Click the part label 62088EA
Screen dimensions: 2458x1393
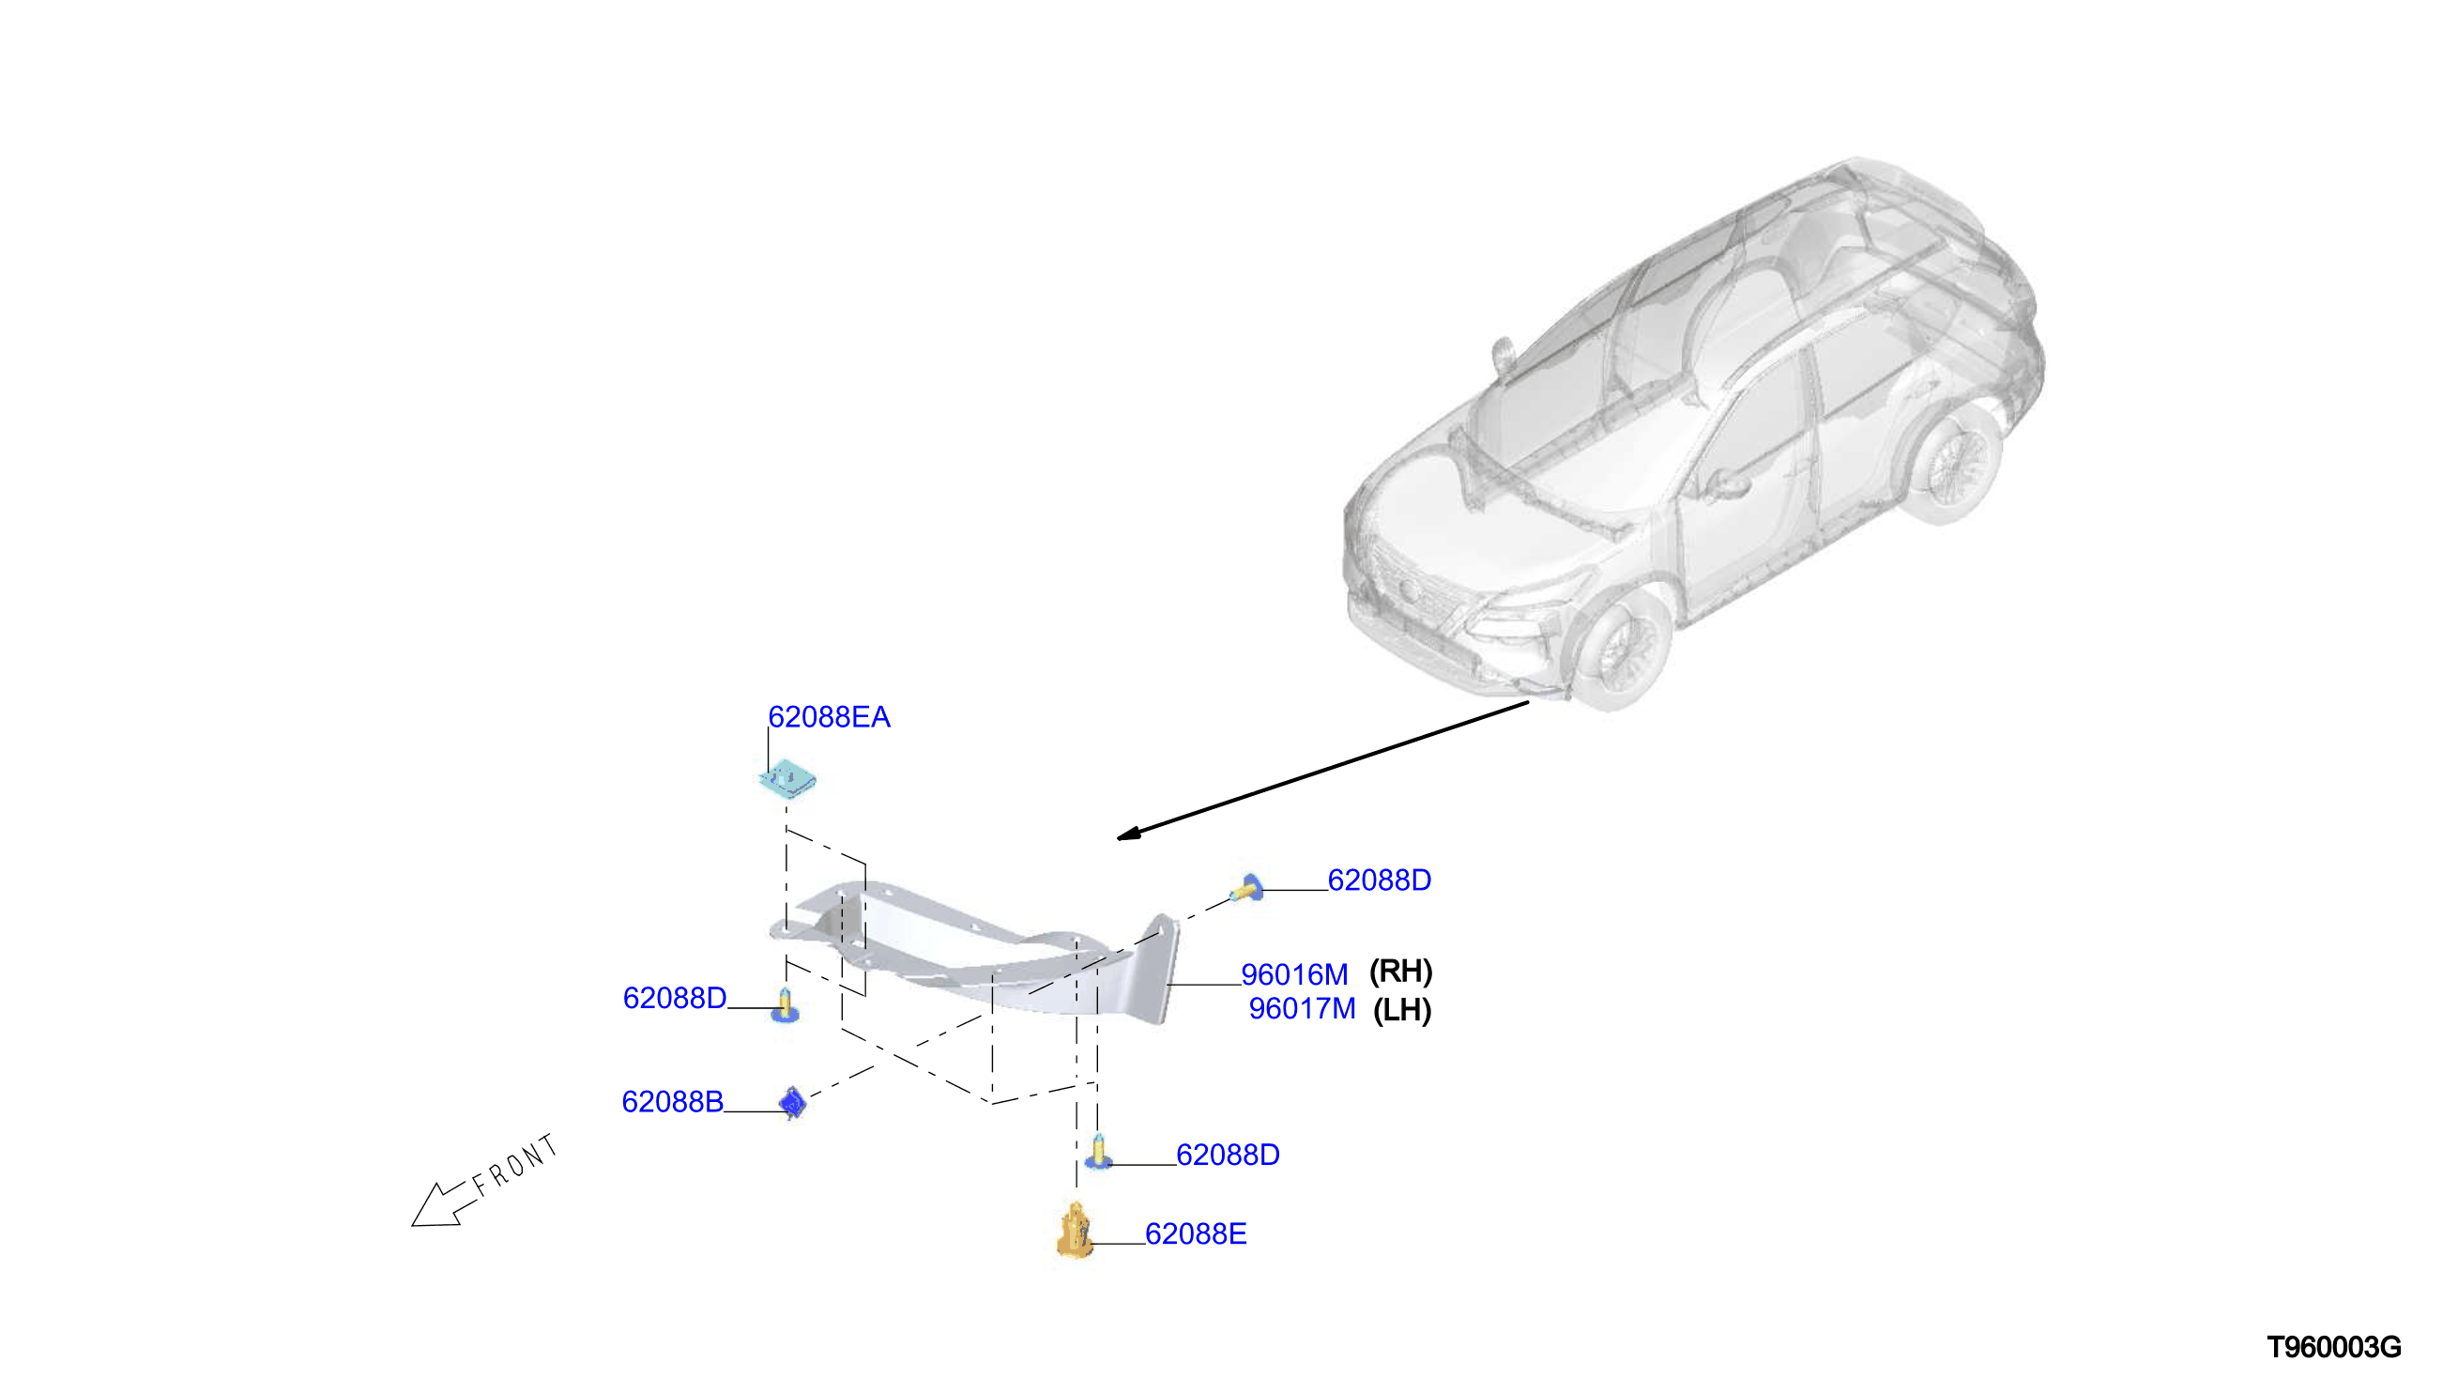click(829, 717)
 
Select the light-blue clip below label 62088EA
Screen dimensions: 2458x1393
click(787, 779)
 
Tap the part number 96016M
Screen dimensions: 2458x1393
click(1294, 975)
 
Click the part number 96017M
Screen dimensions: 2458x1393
click(1302, 1008)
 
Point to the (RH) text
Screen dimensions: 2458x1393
click(1401, 972)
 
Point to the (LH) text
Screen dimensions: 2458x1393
click(1402, 1010)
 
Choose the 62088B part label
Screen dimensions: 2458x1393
click(672, 1102)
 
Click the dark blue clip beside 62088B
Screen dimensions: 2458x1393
click(793, 1103)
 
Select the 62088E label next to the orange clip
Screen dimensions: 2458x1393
click(1196, 1234)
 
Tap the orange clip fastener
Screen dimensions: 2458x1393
click(1075, 1232)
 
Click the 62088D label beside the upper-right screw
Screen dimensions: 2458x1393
click(1379, 880)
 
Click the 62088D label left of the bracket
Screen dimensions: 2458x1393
click(674, 998)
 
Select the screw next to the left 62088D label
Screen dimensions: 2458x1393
click(786, 1005)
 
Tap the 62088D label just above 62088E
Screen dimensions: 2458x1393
click(1228, 1155)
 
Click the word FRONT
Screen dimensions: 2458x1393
click(514, 1165)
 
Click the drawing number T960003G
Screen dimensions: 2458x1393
click(2334, 1348)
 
